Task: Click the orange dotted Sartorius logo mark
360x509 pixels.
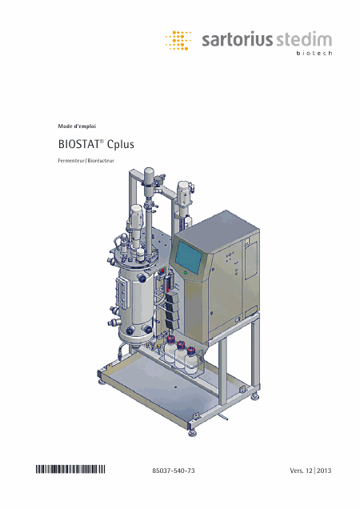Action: pos(178,41)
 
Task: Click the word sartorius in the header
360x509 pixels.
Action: pos(237,39)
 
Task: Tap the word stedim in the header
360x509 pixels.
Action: pos(304,39)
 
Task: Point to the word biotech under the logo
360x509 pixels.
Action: pos(314,53)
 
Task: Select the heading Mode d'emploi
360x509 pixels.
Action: pos(77,126)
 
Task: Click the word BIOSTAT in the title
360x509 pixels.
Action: pos(78,144)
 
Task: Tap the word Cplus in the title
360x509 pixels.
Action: pos(121,145)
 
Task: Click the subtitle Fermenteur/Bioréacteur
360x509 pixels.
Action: pos(86,160)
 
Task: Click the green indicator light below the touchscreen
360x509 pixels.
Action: pos(186,273)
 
